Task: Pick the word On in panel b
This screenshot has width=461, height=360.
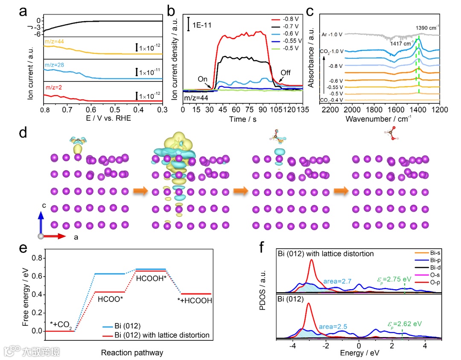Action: tap(203, 79)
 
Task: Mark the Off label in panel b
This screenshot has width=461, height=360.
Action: tap(286, 73)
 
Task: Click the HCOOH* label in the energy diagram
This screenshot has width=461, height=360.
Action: tap(150, 278)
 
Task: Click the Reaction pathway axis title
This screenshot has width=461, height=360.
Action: tap(126, 352)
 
